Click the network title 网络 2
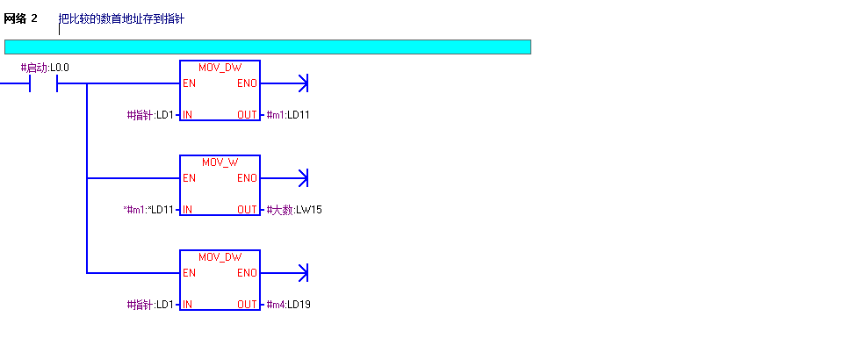tap(20, 18)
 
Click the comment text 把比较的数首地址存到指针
tap(121, 19)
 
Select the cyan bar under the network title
tap(268, 47)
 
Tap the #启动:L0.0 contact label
tap(45, 68)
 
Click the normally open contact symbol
tap(44, 84)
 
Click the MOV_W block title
tap(220, 162)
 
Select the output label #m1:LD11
tap(288, 115)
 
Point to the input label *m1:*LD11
tap(148, 210)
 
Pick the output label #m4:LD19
tap(288, 305)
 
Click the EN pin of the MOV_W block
tap(189, 178)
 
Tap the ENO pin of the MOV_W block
tap(247, 178)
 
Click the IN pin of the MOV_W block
tap(187, 210)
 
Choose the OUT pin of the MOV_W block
tap(247, 210)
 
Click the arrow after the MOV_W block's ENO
tap(303, 178)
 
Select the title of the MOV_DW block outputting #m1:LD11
tap(220, 68)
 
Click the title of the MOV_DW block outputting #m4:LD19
tap(220, 257)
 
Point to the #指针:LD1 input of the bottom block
tap(150, 305)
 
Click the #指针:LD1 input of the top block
tap(150, 115)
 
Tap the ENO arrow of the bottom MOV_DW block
tap(303, 273)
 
